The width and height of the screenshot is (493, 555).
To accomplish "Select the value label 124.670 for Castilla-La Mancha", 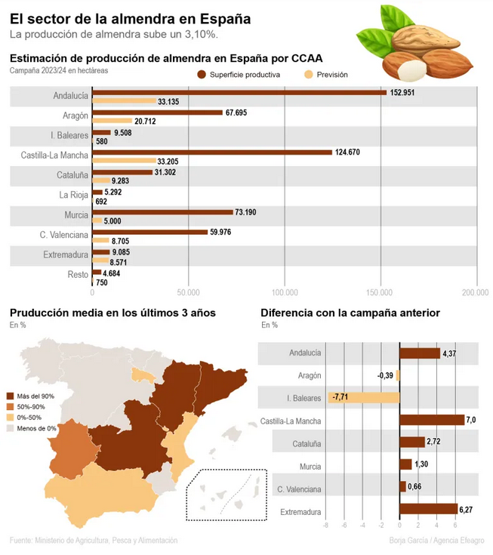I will tap(353, 153).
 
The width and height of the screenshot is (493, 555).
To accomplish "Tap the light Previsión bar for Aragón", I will tap(111, 121).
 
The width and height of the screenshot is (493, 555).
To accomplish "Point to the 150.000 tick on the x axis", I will tap(381, 292).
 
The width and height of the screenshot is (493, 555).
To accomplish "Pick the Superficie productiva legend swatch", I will tap(201, 75).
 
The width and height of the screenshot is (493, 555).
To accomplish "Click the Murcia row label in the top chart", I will tap(75, 214).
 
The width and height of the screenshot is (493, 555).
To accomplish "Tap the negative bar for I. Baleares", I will tap(363, 397).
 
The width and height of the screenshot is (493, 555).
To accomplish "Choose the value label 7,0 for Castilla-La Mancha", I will tap(471, 420).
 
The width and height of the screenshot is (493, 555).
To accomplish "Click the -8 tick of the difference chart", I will tap(325, 526).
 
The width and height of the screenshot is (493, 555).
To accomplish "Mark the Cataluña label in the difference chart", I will tap(307, 442).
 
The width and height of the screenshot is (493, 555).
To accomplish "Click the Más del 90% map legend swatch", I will tap(11, 396).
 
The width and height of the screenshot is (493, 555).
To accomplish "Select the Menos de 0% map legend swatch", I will tap(11, 428).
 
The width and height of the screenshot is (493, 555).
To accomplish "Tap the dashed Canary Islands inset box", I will tap(226, 495).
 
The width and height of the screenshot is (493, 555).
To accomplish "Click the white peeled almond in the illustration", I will tap(410, 70).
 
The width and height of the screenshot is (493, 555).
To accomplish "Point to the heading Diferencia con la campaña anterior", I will tap(350, 313).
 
